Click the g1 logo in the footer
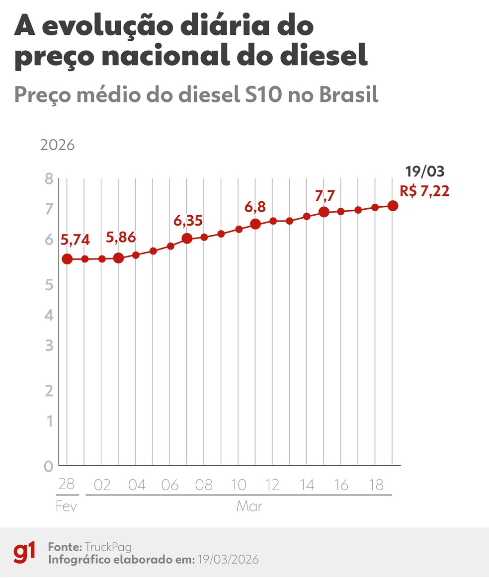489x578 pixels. coord(24,552)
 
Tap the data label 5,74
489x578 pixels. coord(75,240)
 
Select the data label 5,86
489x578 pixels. coord(121,238)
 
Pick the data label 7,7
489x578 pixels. coord(326,196)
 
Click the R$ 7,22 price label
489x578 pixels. coord(424,191)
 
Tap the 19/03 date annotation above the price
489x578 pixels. coord(424,172)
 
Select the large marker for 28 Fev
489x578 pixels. coord(68,259)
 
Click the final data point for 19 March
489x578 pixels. coord(392,206)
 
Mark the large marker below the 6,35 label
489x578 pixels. coord(187,239)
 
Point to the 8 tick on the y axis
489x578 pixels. coord(49,179)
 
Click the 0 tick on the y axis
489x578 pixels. coord(49,466)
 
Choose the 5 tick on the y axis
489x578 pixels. coord(49,285)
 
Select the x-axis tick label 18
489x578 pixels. coord(375,485)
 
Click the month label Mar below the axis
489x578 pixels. coord(249,507)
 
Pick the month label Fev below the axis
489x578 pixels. coord(66,507)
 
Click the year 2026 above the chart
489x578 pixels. coord(57,146)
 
